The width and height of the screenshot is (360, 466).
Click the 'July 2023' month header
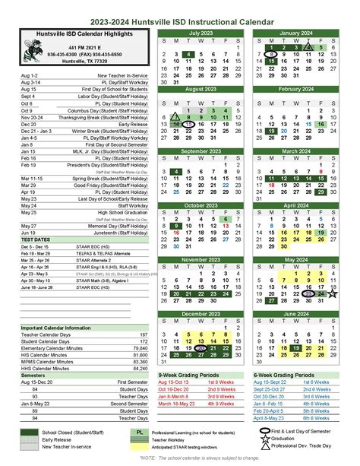click(201, 33)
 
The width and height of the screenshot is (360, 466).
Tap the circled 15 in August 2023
click(188, 124)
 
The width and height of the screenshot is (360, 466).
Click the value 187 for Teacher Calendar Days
click(143, 334)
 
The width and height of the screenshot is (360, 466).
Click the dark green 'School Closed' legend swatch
click(31, 432)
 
